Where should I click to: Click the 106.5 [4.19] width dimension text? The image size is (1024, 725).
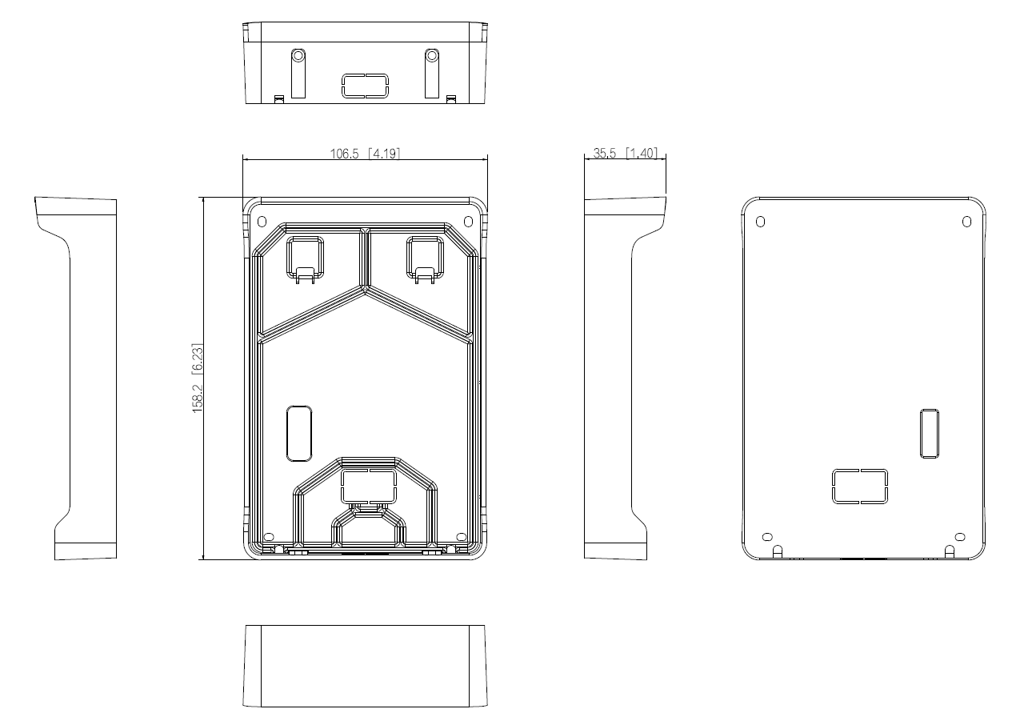click(365, 153)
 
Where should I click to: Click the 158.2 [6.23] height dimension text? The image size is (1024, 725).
click(197, 378)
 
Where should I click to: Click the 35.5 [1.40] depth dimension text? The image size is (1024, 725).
click(625, 153)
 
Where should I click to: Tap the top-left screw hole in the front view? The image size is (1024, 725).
click(262, 222)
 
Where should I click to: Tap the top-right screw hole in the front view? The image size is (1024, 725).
click(468, 222)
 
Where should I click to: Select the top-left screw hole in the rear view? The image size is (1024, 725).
click(760, 222)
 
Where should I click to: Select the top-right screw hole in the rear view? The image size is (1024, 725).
click(966, 222)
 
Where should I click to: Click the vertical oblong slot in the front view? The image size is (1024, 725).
click(299, 434)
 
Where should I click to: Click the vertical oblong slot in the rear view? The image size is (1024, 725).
click(930, 434)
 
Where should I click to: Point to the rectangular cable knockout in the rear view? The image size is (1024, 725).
click(860, 487)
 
